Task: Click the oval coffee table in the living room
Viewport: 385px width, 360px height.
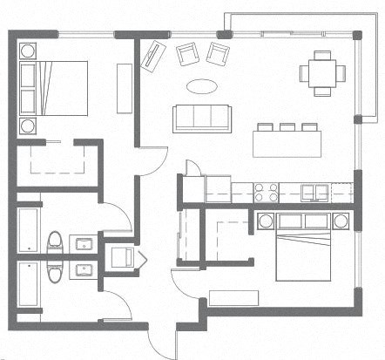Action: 202,87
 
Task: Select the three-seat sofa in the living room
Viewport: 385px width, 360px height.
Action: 200,118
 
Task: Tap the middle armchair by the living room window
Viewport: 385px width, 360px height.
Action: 186,55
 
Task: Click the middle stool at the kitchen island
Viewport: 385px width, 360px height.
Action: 287,129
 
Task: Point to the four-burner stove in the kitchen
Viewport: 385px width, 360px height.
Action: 265,190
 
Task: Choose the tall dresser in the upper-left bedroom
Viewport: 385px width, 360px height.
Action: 123,85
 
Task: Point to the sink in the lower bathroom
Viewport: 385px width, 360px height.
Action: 84,268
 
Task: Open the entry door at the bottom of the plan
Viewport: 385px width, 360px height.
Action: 161,336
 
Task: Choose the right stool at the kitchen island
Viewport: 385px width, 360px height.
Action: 307,129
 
